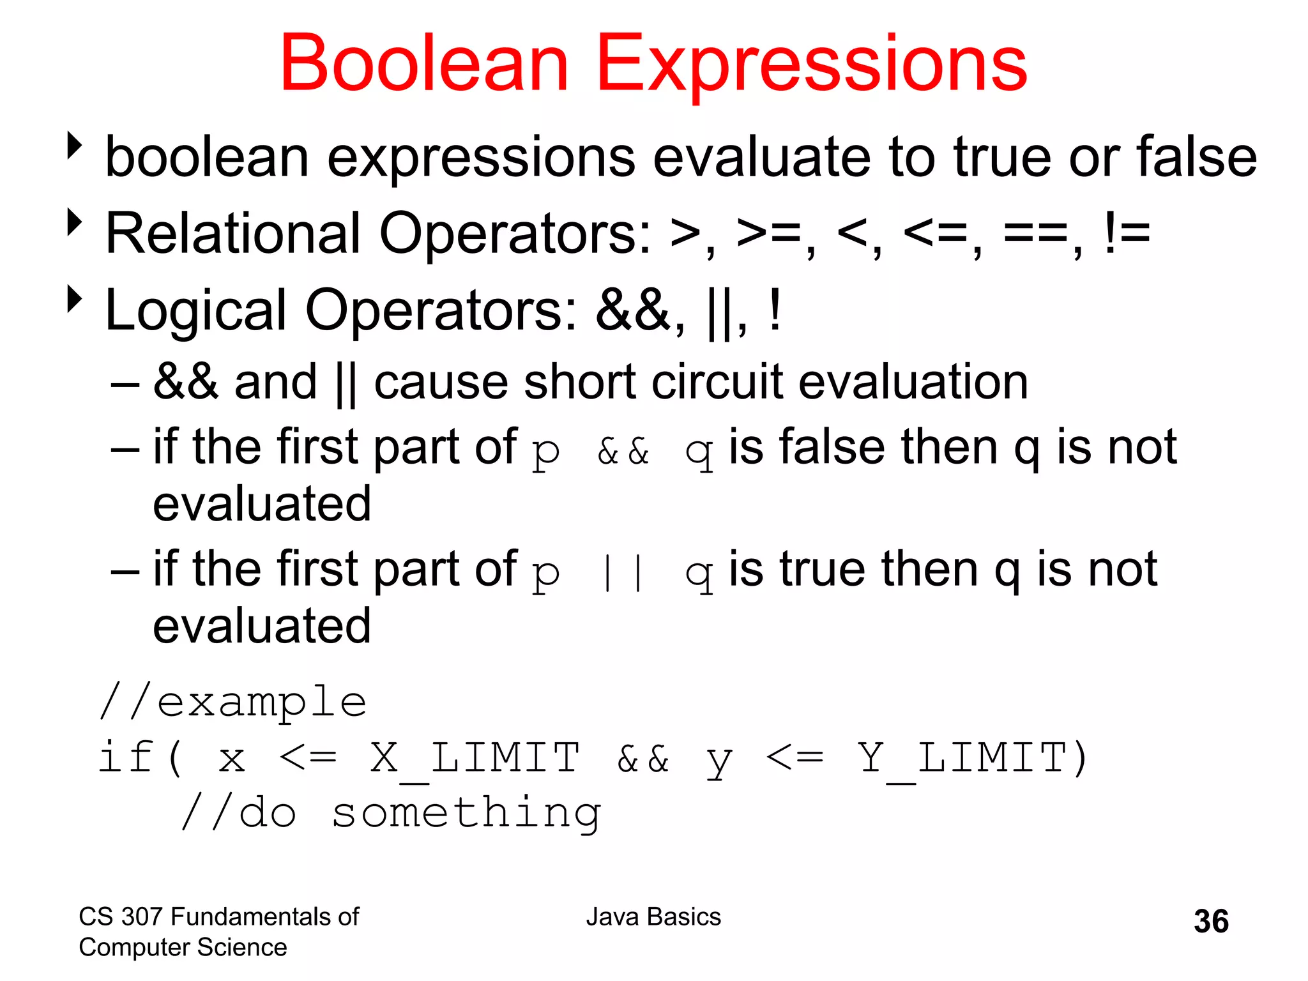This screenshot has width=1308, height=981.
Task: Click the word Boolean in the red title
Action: pos(424,64)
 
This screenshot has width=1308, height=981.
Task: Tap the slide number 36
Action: pos(1211,922)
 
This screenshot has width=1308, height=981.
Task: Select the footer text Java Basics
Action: pos(653,916)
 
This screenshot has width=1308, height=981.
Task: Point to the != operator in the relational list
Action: pos(1127,234)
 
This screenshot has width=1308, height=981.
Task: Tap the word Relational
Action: pos(233,234)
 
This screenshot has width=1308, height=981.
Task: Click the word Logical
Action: pos(195,311)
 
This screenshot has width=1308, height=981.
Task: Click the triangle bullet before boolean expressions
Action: pos(75,146)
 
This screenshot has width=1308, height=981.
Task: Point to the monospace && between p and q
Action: pos(623,452)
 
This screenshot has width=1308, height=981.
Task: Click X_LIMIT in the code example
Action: pos(475,758)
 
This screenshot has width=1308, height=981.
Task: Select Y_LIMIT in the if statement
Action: pos(961,758)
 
